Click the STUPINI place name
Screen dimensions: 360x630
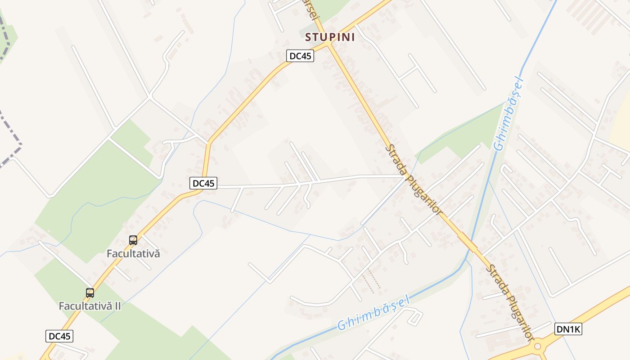(330, 37)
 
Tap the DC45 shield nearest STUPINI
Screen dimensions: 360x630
(300, 56)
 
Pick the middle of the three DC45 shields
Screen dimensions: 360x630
(203, 183)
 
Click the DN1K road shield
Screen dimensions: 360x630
(569, 329)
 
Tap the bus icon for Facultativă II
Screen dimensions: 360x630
(90, 293)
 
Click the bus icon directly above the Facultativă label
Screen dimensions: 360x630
(133, 240)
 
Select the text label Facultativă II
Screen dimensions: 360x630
(90, 306)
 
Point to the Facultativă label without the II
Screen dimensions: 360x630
(133, 253)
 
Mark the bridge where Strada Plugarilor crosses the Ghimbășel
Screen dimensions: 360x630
(468, 243)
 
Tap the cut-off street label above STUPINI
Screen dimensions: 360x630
(310, 9)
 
